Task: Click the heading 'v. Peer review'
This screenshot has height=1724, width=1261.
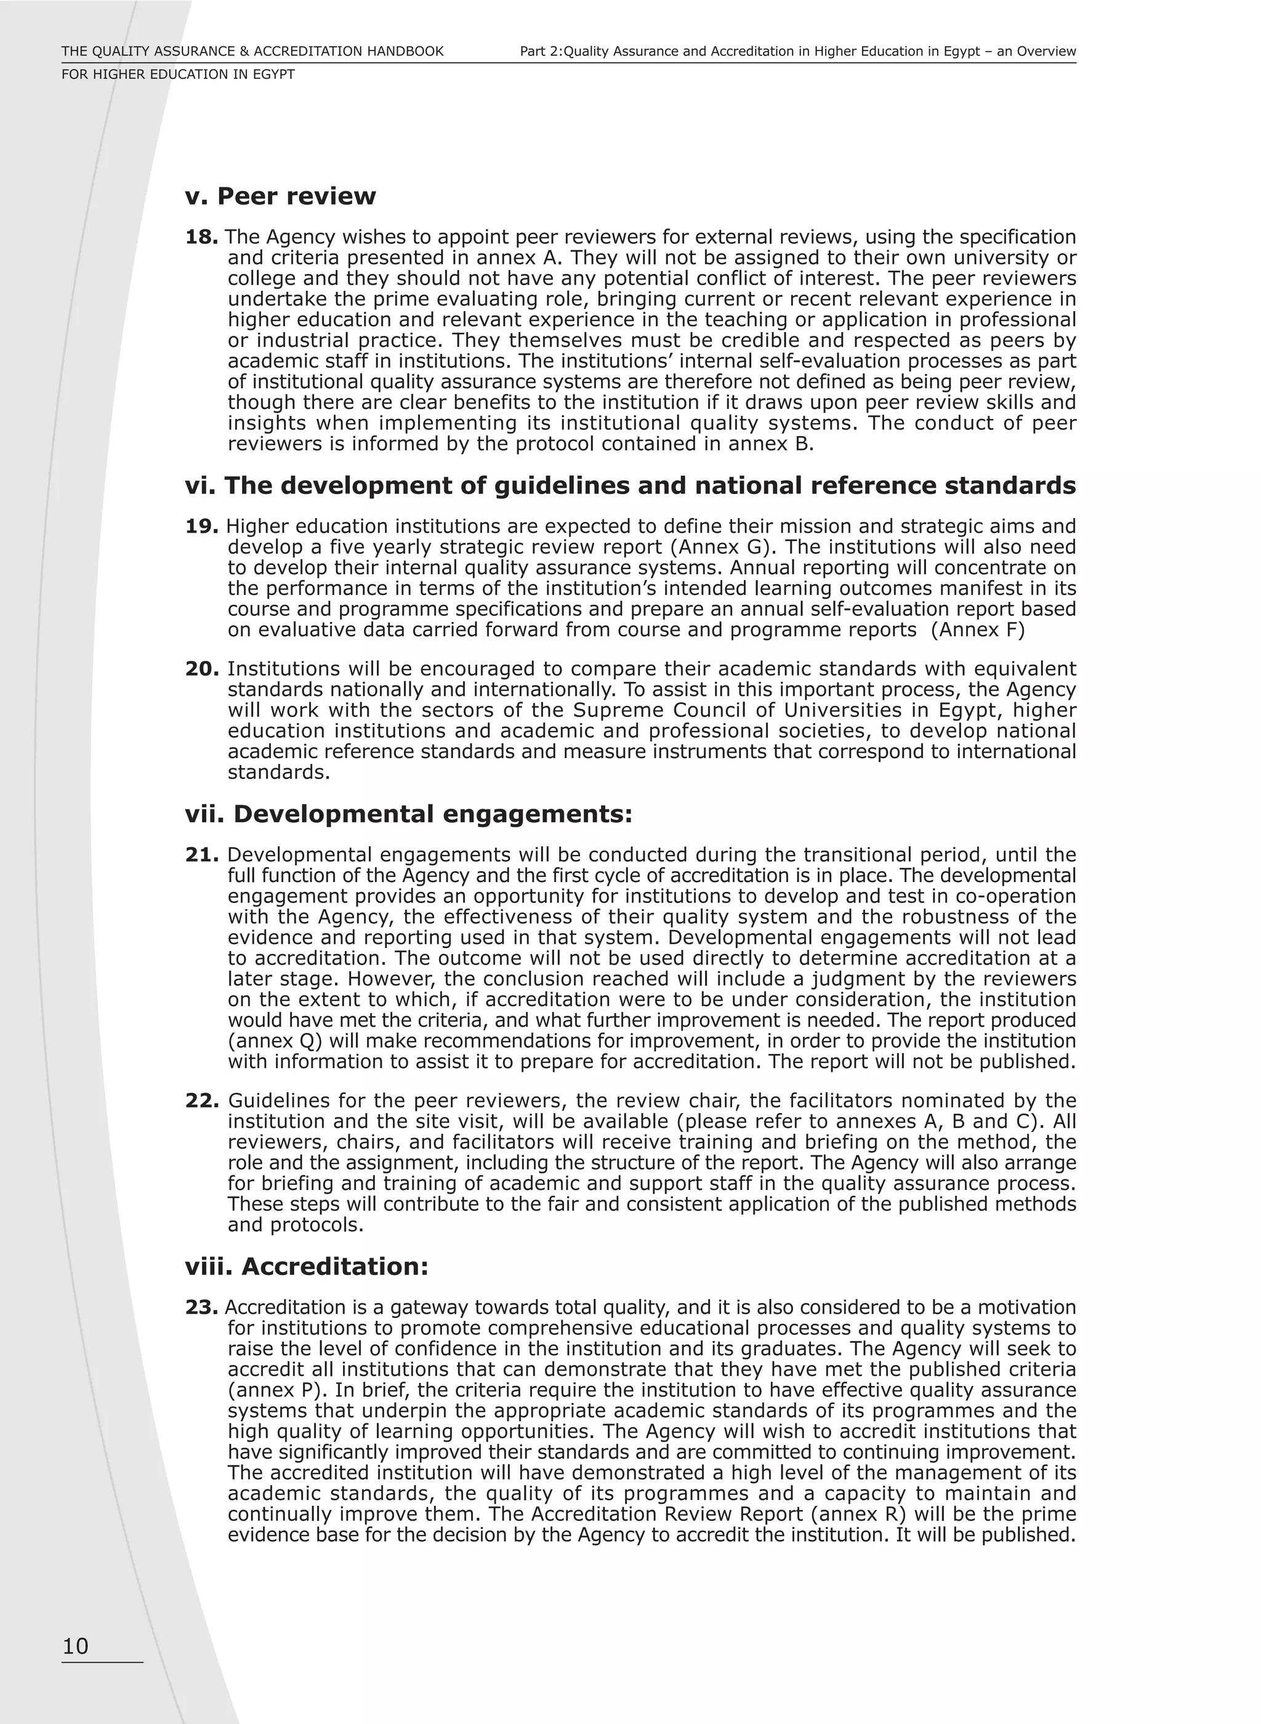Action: tap(280, 196)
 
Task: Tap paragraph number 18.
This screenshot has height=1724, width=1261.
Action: tap(201, 238)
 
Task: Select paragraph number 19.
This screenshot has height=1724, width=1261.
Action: tap(201, 526)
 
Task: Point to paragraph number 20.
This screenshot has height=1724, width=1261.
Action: tap(201, 669)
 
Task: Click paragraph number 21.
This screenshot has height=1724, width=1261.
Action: tap(201, 854)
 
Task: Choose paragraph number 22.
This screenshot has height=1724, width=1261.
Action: tap(201, 1100)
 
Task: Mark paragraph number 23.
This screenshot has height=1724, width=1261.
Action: tap(201, 1307)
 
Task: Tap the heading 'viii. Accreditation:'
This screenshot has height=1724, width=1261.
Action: tap(306, 1266)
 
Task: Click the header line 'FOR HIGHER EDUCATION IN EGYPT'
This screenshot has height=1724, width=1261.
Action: tap(178, 75)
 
